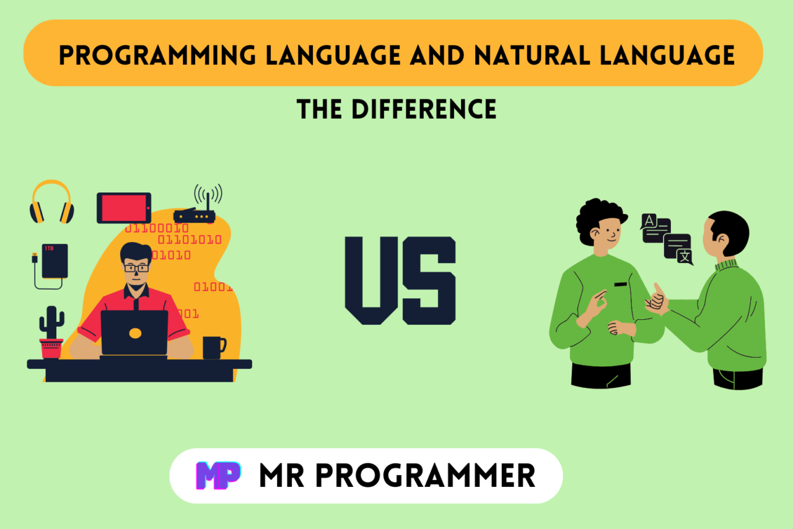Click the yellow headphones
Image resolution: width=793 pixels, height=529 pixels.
[51, 202]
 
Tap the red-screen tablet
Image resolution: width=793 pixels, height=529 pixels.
[124, 208]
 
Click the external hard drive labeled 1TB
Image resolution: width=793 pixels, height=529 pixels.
[55, 261]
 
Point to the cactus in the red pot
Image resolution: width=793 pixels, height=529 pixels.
[51, 331]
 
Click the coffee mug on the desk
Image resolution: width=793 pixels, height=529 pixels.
[213, 347]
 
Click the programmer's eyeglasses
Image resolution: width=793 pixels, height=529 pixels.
[136, 267]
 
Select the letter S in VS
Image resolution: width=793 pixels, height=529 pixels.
[429, 280]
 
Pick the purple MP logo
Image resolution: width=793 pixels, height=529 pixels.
[217, 476]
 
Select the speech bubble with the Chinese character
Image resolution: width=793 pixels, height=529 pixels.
[678, 249]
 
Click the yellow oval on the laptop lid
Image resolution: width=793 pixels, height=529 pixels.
[134, 333]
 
